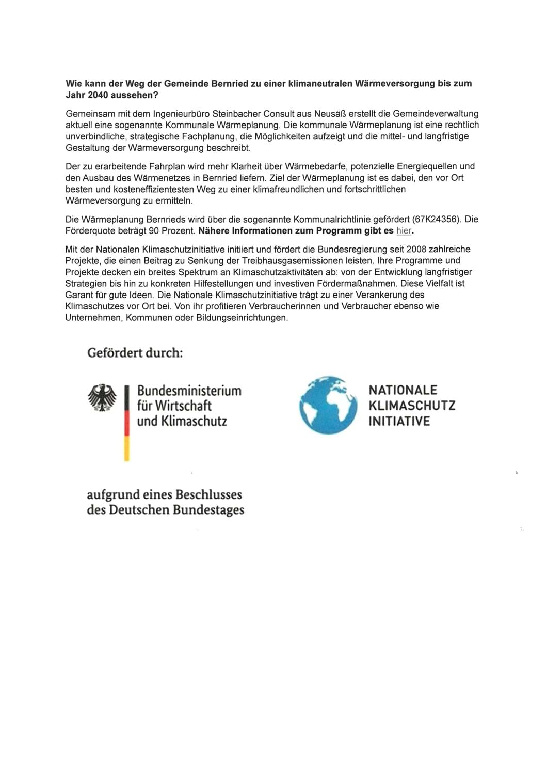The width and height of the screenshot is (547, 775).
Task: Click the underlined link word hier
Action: click(x=404, y=230)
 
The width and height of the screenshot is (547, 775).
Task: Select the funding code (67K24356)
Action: click(x=436, y=219)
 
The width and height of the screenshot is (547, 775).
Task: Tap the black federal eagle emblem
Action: click(x=102, y=398)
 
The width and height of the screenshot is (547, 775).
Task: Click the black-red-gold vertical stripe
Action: click(x=126, y=423)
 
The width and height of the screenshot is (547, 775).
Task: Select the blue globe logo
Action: click(x=328, y=405)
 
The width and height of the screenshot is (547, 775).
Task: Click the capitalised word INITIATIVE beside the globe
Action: click(x=399, y=421)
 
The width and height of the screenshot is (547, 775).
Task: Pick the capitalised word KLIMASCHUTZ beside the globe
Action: click(x=412, y=406)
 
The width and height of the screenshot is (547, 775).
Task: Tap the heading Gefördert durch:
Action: click(x=135, y=353)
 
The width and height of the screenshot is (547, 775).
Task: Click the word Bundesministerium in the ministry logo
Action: click(x=189, y=391)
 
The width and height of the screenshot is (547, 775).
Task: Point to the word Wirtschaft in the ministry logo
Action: click(x=183, y=406)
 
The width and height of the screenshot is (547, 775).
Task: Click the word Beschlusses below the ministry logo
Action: click(x=208, y=494)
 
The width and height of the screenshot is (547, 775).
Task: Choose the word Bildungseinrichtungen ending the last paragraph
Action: click(x=242, y=317)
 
